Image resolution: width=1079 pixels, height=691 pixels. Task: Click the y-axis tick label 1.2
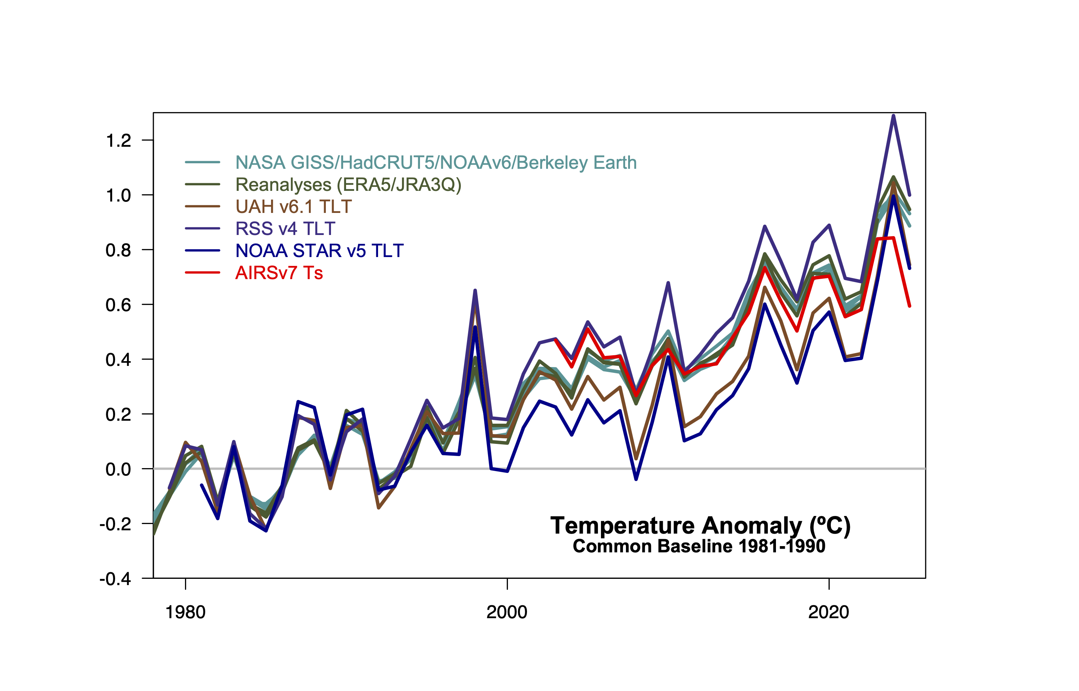point(118,141)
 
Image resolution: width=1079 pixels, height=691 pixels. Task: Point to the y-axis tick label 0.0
point(118,469)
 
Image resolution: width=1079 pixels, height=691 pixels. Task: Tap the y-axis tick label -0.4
point(115,579)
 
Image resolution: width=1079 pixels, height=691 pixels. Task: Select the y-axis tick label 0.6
point(118,305)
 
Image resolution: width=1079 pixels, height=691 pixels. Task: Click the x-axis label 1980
point(185,612)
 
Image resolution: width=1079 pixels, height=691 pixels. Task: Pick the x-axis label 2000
point(507,612)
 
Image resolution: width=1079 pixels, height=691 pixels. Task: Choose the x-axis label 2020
point(829,612)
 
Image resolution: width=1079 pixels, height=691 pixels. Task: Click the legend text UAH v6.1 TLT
point(293,206)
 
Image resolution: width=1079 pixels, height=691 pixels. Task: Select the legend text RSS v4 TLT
point(285,228)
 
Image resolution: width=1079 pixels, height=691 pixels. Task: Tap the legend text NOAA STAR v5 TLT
point(320,250)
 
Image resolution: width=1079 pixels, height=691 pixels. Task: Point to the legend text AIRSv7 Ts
point(279,273)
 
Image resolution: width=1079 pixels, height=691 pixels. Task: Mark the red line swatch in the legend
point(202,273)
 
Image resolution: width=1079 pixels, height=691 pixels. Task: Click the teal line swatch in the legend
point(202,162)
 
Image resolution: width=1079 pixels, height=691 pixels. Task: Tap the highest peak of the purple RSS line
point(893,116)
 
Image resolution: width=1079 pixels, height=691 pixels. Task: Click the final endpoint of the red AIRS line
point(909,306)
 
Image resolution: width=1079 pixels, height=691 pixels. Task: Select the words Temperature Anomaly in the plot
point(676,526)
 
